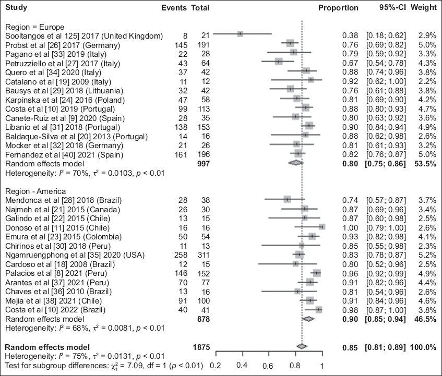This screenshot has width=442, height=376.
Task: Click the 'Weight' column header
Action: [x=424, y=8]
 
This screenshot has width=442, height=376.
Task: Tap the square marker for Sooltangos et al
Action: [x=240, y=34]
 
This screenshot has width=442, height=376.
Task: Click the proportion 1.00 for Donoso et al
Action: [x=350, y=227]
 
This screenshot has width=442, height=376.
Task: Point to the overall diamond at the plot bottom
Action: [x=301, y=346]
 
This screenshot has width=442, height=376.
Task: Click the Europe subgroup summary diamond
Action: [x=295, y=163]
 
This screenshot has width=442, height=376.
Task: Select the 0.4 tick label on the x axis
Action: [x=242, y=366]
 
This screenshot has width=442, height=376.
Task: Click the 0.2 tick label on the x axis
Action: [x=214, y=366]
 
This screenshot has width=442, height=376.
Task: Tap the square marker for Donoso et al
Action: [x=322, y=227]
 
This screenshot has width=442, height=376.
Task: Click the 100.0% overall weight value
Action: [x=424, y=346]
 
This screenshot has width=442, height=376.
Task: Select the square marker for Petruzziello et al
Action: [x=279, y=62]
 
